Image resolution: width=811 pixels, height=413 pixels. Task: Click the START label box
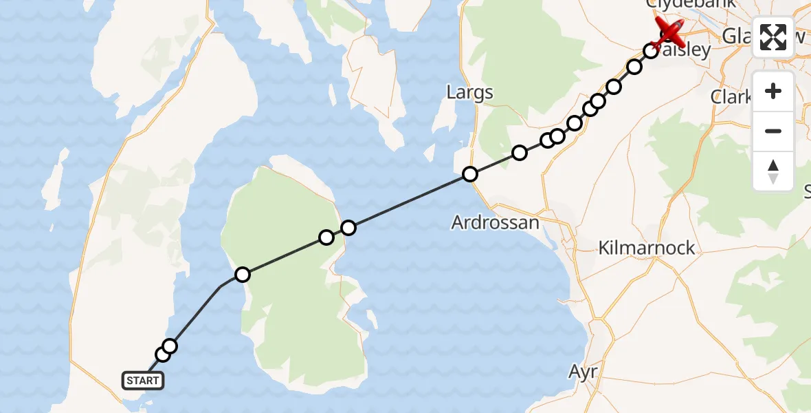pyautogui.click(x=143, y=380)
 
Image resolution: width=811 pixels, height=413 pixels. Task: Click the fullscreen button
pyautogui.click(x=773, y=37)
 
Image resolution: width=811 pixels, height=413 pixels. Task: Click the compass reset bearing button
pyautogui.click(x=773, y=171)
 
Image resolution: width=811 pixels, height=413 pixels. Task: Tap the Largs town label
pyautogui.click(x=469, y=92)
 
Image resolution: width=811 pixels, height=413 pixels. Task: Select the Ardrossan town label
pyautogui.click(x=496, y=222)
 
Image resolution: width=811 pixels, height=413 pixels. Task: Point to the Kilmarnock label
pyautogui.click(x=647, y=248)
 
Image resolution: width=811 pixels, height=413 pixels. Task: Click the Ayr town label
pyautogui.click(x=582, y=372)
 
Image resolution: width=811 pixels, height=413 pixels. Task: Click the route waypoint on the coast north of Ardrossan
pyautogui.click(x=469, y=174)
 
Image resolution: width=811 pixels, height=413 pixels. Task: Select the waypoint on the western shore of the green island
pyautogui.click(x=242, y=275)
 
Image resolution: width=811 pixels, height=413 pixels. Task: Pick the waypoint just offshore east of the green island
pyautogui.click(x=348, y=227)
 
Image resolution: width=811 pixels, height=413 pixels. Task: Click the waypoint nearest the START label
pyautogui.click(x=163, y=354)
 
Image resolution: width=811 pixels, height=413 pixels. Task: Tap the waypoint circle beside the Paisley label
pyautogui.click(x=649, y=50)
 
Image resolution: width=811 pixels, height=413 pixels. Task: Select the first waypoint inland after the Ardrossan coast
pyautogui.click(x=520, y=153)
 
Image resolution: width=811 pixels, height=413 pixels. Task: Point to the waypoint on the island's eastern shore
pyautogui.click(x=326, y=237)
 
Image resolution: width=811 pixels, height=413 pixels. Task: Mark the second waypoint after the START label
pyautogui.click(x=170, y=346)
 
